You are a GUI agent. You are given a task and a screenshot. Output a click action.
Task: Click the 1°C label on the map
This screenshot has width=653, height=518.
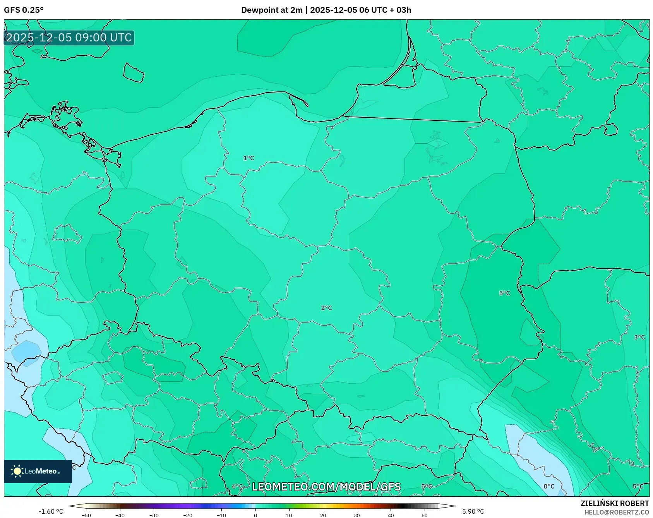(x=249, y=158)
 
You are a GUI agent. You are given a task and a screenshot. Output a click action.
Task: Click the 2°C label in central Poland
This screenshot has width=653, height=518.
(x=326, y=308)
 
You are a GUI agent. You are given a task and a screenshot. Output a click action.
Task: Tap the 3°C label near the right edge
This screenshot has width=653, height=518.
(x=639, y=337)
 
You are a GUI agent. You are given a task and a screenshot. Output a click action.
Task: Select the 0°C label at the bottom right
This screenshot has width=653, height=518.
(x=549, y=486)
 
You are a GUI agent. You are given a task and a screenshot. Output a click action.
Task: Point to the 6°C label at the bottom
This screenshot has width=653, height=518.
(x=238, y=486)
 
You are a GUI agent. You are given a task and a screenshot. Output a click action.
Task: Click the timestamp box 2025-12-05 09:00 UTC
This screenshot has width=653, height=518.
(x=69, y=38)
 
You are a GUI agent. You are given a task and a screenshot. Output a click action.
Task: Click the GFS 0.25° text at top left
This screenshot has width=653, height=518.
(x=24, y=10)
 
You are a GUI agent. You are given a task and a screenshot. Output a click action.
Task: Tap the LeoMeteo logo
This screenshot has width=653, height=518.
(x=38, y=471)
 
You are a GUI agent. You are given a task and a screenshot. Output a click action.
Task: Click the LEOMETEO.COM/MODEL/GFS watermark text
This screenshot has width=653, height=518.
(x=326, y=487)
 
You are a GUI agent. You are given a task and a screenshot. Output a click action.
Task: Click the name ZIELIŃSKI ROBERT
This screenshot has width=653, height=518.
(x=615, y=503)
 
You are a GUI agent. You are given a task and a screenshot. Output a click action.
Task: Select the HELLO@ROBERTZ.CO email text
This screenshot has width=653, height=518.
(x=617, y=512)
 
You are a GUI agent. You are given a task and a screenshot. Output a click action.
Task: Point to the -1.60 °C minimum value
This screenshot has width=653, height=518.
(x=51, y=511)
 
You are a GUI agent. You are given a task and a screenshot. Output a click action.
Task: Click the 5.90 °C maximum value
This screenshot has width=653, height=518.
(x=473, y=511)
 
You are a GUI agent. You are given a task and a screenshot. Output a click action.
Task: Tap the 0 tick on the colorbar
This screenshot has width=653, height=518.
(x=255, y=515)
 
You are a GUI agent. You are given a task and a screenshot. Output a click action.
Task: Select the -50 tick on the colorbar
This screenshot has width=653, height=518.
(x=86, y=515)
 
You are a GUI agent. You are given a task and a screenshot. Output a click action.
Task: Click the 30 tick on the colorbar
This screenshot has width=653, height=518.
(x=357, y=515)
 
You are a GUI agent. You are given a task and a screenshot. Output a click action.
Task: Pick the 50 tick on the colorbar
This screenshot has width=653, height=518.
(x=425, y=515)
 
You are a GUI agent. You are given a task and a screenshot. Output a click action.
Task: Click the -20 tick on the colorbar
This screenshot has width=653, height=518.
(x=188, y=515)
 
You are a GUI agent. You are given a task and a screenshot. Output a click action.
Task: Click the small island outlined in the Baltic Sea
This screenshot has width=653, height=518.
(x=134, y=73)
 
